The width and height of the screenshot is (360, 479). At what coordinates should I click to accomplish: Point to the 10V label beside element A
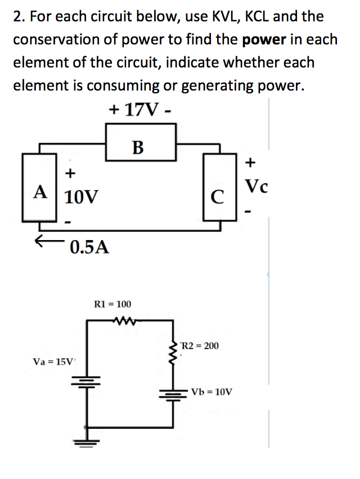[x=81, y=197]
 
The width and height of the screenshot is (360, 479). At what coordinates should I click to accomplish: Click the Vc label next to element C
[x=256, y=186]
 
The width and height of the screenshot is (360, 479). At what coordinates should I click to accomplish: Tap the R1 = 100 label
[x=112, y=304]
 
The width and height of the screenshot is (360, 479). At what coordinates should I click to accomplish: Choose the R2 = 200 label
[x=200, y=345]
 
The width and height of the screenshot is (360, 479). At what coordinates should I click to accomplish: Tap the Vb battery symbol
[x=172, y=391]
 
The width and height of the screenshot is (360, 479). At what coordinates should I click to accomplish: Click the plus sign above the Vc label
[x=251, y=163]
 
